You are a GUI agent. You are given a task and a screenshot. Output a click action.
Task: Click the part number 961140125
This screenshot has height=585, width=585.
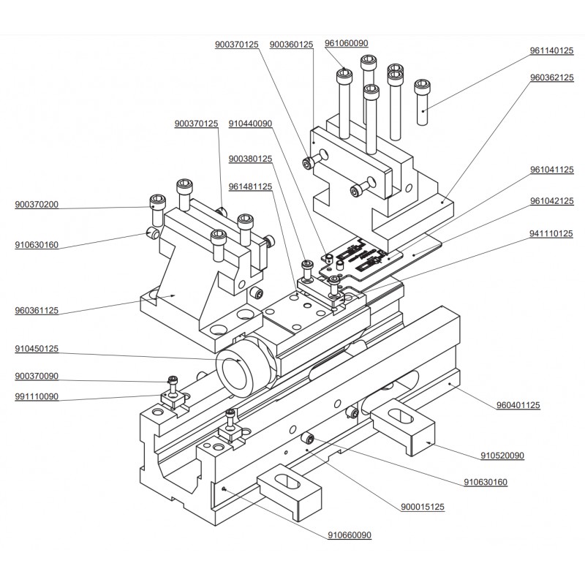[551, 51]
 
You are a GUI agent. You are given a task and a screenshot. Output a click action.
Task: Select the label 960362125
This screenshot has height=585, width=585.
[551, 78]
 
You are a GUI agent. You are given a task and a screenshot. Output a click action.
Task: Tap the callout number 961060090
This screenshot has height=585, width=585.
[347, 44]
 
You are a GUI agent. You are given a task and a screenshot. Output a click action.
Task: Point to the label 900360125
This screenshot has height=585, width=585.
[291, 45]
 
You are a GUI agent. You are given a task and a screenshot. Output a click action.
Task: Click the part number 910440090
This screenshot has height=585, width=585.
[250, 124]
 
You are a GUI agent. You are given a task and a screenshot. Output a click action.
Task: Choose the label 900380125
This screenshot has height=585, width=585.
[250, 159]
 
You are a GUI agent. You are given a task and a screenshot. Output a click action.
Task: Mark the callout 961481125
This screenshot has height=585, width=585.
[250, 186]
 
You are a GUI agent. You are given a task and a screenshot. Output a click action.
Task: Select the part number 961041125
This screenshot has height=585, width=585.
[551, 170]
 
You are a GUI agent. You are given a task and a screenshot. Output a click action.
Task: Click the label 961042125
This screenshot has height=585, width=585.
[551, 201]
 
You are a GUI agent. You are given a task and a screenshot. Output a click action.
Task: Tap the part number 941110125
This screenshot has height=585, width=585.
[551, 234]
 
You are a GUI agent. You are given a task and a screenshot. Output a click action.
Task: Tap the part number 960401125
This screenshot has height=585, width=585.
[518, 405]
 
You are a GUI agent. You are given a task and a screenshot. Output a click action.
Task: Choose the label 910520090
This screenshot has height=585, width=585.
[502, 456]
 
